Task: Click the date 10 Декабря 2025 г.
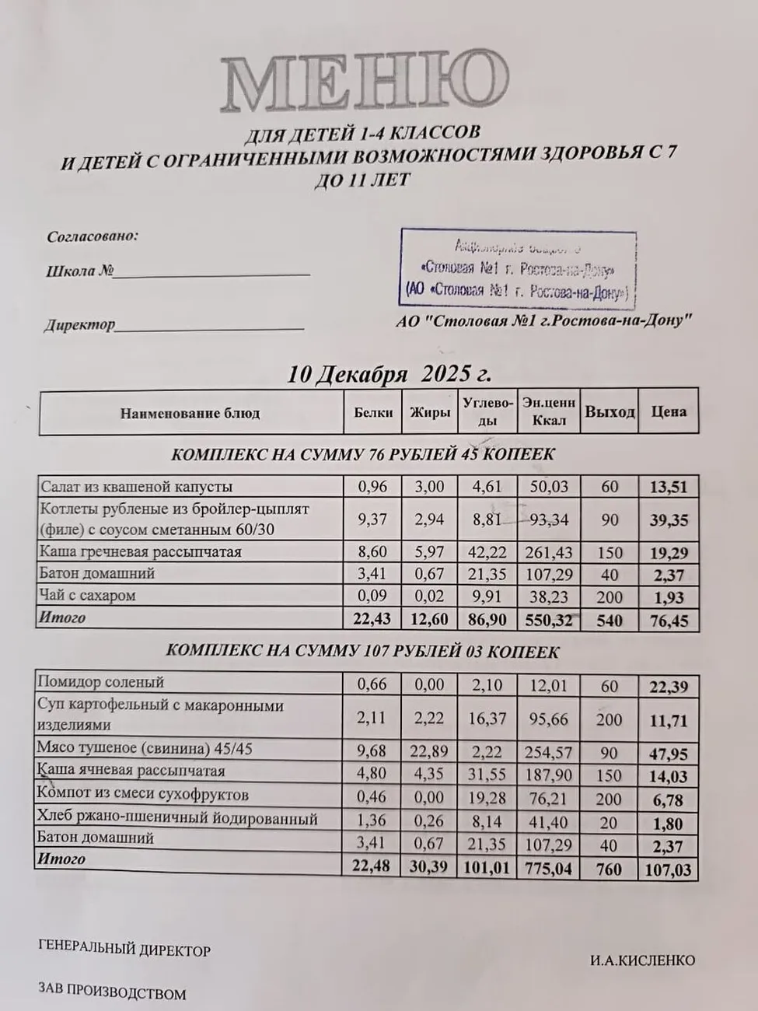click(x=389, y=373)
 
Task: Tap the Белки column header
click(x=373, y=412)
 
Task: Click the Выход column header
click(x=610, y=412)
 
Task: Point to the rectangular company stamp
click(x=518, y=269)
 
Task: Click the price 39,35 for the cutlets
click(x=669, y=520)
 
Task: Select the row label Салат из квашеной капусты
click(x=136, y=487)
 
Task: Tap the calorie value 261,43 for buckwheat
click(x=550, y=553)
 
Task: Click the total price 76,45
click(x=669, y=620)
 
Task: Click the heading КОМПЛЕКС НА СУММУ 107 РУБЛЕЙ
click(x=363, y=652)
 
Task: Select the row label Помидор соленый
click(x=101, y=682)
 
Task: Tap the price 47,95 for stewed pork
click(x=669, y=754)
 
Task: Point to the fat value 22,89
click(x=429, y=750)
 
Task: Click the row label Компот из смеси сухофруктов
click(x=143, y=795)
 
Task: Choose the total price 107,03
click(x=669, y=869)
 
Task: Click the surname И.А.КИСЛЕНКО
click(x=641, y=960)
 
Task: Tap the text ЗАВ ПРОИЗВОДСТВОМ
click(x=112, y=993)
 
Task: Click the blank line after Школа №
click(x=213, y=274)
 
